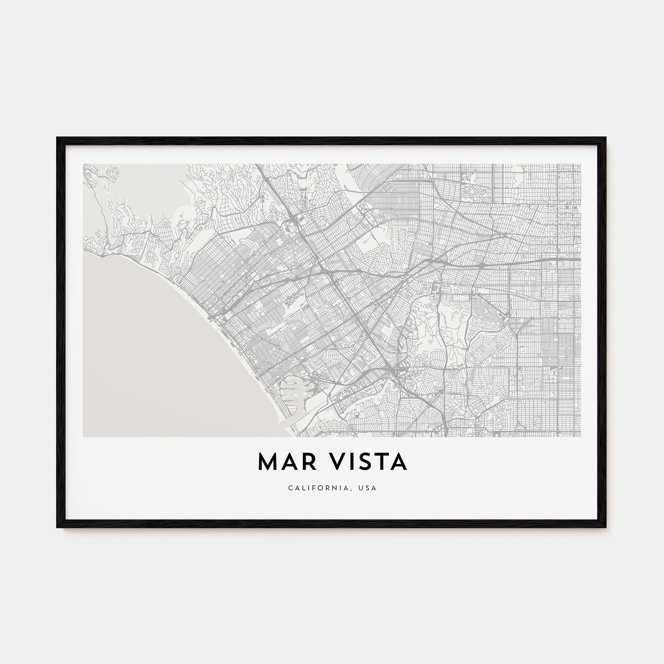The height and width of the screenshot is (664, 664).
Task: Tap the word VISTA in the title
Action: click(369, 462)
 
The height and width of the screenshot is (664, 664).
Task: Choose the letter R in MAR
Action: click(309, 462)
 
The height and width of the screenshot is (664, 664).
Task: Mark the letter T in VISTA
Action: click(382, 462)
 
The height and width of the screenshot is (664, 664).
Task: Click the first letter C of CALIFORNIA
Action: click(290, 488)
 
